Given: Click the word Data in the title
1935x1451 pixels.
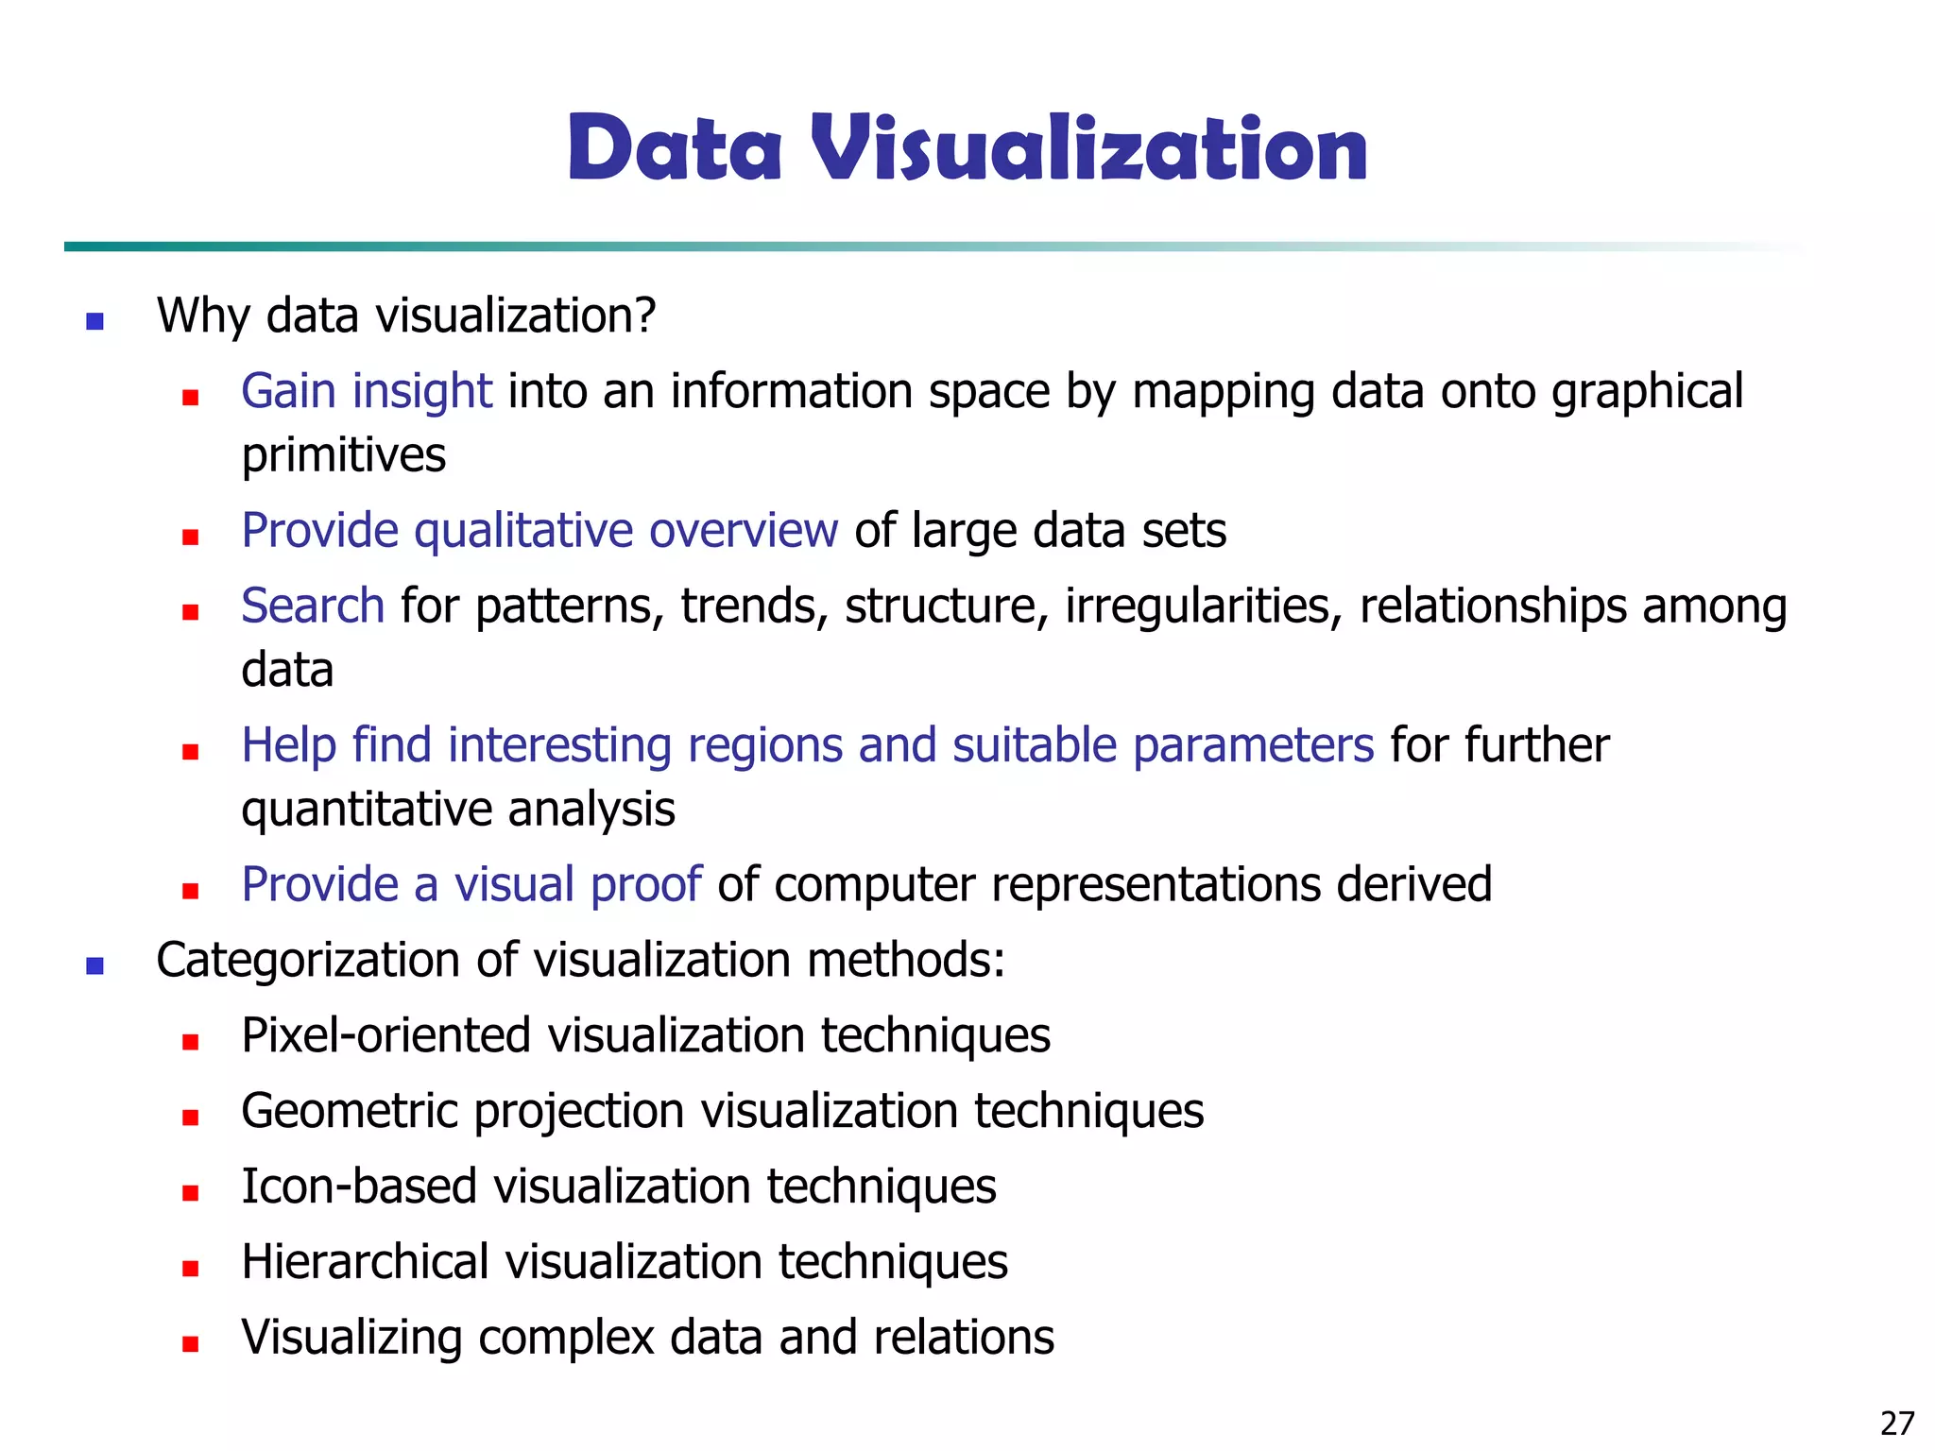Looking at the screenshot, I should pyautogui.click(x=675, y=148).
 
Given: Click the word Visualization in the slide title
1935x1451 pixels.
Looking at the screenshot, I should pyautogui.click(x=1088, y=148).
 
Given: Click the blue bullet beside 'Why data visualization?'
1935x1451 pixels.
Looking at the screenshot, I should pyautogui.click(x=94, y=321).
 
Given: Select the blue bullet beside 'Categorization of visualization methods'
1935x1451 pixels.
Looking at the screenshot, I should pyautogui.click(x=94, y=965).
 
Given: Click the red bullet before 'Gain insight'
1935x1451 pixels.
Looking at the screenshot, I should pyautogui.click(x=191, y=398).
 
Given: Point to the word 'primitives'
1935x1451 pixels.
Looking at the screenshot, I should pyautogui.click(x=343, y=456).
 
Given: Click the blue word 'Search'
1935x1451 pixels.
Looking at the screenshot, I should pyautogui.click(x=313, y=606).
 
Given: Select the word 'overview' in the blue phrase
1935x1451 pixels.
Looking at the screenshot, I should pyautogui.click(x=744, y=530).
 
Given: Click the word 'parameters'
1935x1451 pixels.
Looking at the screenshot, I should pyautogui.click(x=1253, y=745).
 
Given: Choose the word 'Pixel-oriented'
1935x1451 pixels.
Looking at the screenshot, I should pyautogui.click(x=386, y=1035).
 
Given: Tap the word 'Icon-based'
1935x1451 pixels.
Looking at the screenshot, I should pyautogui.click(x=359, y=1186).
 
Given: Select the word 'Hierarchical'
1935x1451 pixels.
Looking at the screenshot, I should pyautogui.click(x=365, y=1262).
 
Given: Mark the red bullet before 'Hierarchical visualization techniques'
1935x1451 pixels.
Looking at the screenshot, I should pyautogui.click(x=191, y=1269).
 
